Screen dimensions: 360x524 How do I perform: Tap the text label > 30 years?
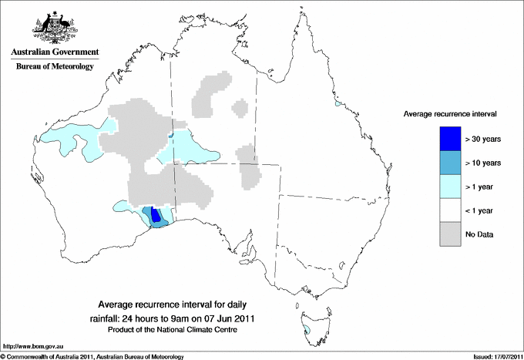tap(483, 139)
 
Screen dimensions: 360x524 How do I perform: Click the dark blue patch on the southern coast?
tap(156, 215)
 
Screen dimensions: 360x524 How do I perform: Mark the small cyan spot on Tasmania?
tap(307, 331)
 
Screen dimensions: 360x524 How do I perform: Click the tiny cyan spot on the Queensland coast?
tap(337, 103)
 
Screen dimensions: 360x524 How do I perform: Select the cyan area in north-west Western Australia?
tap(77, 139)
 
